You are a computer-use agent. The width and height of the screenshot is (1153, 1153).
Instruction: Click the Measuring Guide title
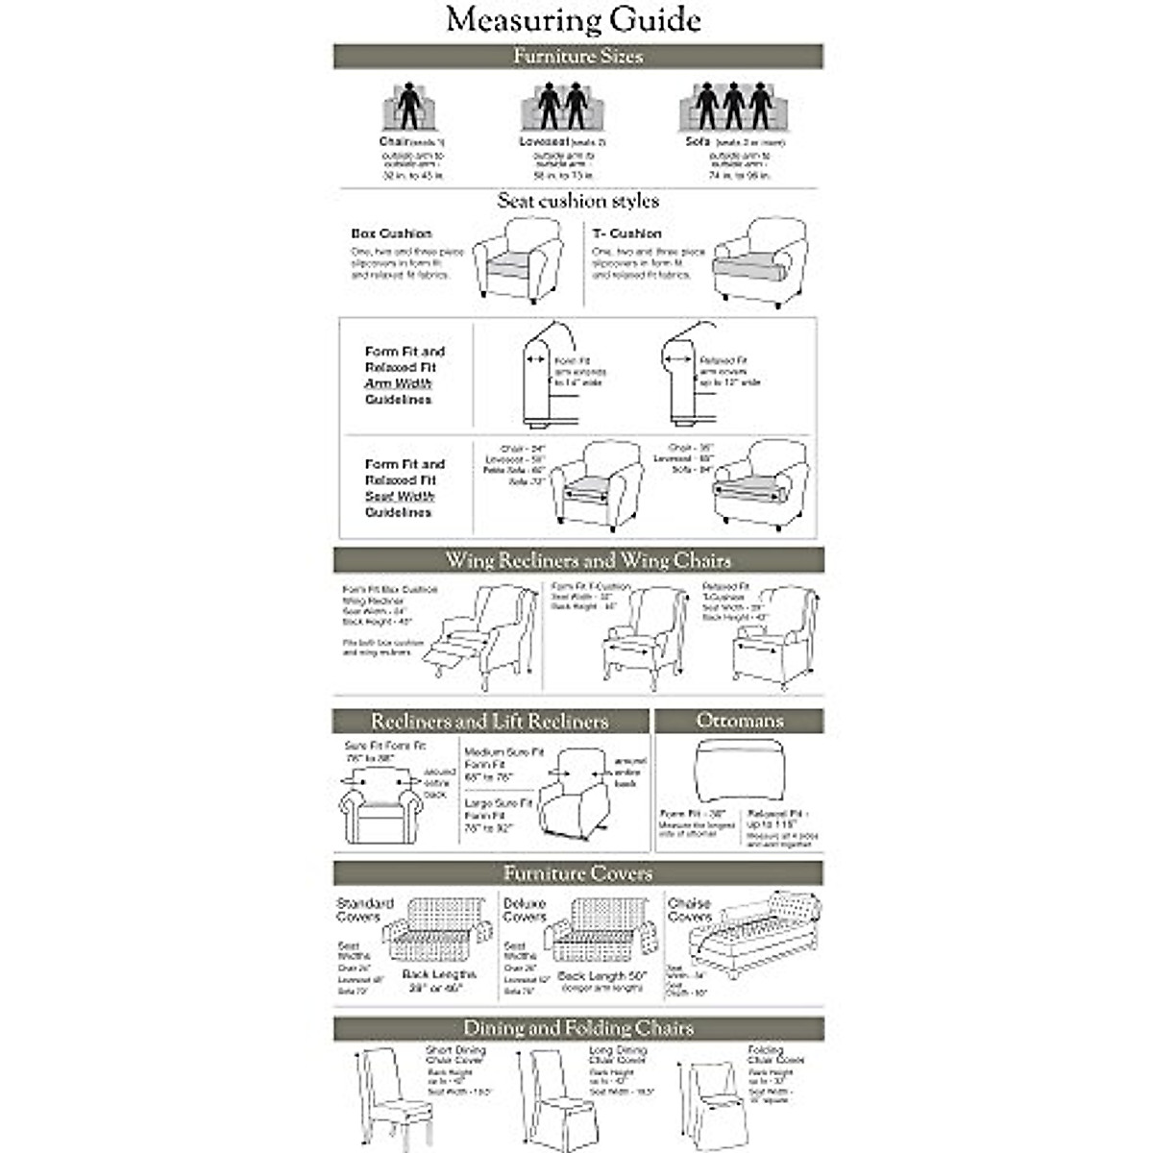[x=574, y=20]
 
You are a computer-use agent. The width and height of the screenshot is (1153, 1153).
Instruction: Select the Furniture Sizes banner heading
[x=577, y=56]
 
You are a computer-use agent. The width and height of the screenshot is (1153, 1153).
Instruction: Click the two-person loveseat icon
[x=562, y=108]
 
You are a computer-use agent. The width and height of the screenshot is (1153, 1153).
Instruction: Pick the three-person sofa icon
[x=735, y=108]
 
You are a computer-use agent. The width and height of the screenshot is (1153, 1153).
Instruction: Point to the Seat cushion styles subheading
[x=577, y=201]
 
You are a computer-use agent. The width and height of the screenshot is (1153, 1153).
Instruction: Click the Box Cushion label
[x=391, y=233]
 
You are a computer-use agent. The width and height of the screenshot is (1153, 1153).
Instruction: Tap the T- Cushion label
[x=626, y=233]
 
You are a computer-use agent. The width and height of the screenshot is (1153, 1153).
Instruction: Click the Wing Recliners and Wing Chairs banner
[x=587, y=560]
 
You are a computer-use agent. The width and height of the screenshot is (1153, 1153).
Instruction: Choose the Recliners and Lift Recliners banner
[x=490, y=721]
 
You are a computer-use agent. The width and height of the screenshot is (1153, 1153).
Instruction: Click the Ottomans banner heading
[x=739, y=721]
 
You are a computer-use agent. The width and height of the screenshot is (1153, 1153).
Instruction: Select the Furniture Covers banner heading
[x=577, y=873]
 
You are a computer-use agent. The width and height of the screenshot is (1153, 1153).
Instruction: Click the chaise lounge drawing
[x=759, y=927]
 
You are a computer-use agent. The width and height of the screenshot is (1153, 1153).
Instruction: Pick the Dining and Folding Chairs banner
[x=577, y=1028]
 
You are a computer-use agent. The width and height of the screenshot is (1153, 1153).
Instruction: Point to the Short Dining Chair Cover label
[x=455, y=1056]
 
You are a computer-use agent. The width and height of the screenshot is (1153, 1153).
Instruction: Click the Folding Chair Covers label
[x=775, y=1055]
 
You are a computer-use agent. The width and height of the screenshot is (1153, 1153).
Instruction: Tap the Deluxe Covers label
[x=525, y=910]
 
